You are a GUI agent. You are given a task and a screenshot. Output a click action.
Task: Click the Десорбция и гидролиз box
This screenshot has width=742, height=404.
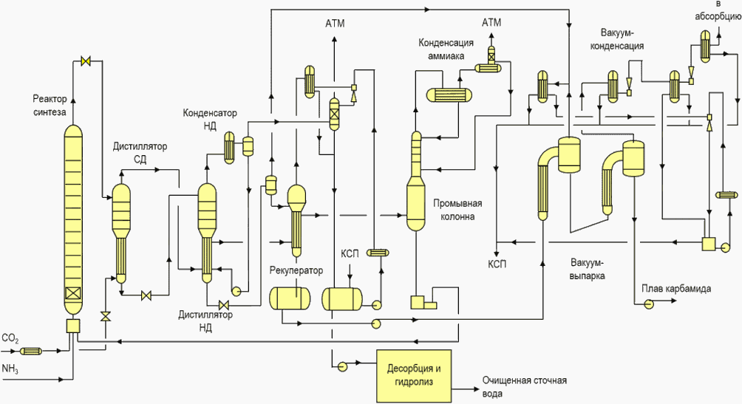414,375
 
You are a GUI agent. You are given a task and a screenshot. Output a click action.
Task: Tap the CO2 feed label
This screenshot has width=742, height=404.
10,339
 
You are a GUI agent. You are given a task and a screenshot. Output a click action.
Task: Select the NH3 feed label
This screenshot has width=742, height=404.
10,369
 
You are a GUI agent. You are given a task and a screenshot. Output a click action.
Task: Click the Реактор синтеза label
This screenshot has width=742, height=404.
50,106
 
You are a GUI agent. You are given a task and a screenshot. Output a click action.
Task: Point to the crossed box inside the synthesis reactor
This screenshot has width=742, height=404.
73,294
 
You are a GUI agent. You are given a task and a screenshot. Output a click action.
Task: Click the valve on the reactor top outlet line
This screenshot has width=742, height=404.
86,61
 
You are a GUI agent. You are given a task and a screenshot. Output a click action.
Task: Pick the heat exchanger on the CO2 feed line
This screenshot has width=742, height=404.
31,351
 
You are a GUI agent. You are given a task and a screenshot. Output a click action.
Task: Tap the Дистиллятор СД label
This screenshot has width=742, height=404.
140,153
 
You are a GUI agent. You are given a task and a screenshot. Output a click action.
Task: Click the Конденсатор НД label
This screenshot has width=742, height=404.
210,119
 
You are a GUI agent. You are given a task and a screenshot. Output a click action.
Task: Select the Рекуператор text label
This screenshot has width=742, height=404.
296,270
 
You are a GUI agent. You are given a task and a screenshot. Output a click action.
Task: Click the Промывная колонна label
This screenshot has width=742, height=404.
457,210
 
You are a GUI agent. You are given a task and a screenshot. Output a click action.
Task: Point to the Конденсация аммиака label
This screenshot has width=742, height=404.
446,49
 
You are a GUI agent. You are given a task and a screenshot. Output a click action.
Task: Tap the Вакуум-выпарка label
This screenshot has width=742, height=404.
588,269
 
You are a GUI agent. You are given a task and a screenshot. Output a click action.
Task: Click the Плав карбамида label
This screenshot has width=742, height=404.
676,289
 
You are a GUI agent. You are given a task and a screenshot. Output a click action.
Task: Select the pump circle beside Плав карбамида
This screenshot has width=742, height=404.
648,304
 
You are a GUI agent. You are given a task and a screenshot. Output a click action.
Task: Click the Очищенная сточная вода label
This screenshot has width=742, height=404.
524,386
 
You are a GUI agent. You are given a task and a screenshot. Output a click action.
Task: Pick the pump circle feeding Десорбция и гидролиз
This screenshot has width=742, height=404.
341,365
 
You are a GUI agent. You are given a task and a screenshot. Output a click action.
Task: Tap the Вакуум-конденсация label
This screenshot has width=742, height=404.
618,39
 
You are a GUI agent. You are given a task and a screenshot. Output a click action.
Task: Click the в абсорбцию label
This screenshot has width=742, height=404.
718,11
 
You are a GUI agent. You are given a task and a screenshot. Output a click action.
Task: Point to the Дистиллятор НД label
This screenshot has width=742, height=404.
205,321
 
